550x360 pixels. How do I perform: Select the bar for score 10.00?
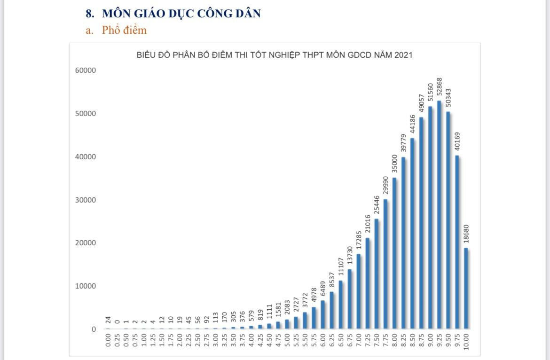pyautogui.click(x=466, y=289)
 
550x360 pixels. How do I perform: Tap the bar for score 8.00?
pyautogui.click(x=394, y=253)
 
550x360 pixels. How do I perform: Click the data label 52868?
pyautogui.click(x=440, y=87)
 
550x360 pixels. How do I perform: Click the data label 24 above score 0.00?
pyautogui.click(x=108, y=320)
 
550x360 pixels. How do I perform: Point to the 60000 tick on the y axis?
pyautogui.click(x=85, y=70)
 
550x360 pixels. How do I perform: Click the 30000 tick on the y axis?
pyautogui.click(x=85, y=200)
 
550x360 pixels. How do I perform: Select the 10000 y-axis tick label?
pyautogui.click(x=85, y=286)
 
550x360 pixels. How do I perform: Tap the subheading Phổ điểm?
pyautogui.click(x=124, y=31)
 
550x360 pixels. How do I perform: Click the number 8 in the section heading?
pyautogui.click(x=89, y=14)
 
